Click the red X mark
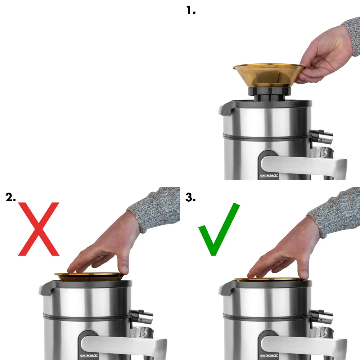click(x=39, y=229)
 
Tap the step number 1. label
click(x=191, y=10)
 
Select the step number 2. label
click(x=10, y=197)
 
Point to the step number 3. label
click(x=190, y=197)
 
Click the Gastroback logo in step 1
click(x=269, y=176)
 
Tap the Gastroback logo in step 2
click(x=89, y=356)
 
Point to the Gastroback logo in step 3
click(x=269, y=356)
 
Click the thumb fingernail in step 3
click(x=305, y=275)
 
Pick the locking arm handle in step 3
click(x=303, y=347)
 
